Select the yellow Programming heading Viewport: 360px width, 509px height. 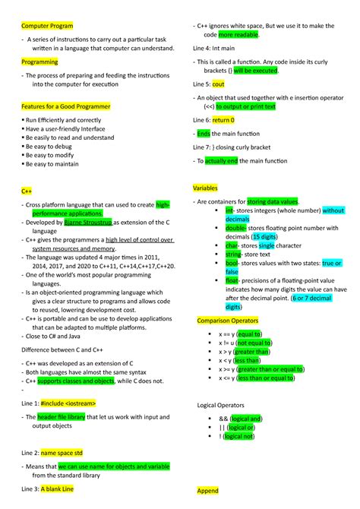[x=38, y=62]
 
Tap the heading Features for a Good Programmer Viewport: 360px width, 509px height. [x=65, y=106]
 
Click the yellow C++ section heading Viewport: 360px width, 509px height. [x=27, y=192]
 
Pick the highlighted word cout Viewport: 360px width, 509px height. [x=219, y=84]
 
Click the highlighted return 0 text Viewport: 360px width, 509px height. [x=223, y=120]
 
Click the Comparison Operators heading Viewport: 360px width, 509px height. [x=228, y=321]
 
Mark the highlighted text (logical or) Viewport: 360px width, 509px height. [x=246, y=427]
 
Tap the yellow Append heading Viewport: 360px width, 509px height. [x=207, y=491]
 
